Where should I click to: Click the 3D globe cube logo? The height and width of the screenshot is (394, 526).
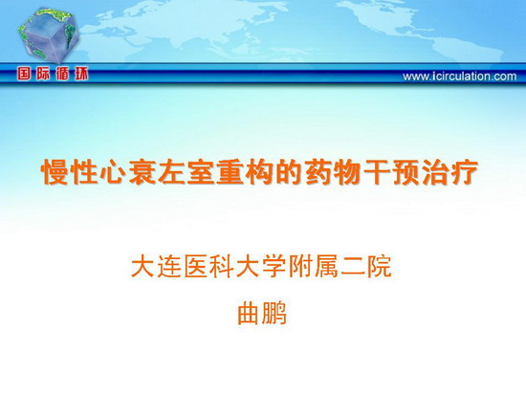[x=50, y=35]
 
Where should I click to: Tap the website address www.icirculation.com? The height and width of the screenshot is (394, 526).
[x=460, y=77]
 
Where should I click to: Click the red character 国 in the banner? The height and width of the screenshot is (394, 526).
[x=24, y=74]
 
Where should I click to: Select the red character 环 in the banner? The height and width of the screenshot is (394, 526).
[x=81, y=74]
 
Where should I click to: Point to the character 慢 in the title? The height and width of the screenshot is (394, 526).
[x=55, y=172]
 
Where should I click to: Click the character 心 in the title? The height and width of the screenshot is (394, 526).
[x=113, y=172]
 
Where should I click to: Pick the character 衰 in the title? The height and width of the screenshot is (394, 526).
[x=142, y=172]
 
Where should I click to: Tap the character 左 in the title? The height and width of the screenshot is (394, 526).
[x=171, y=172]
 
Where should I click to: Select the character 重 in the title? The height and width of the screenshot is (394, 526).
[x=230, y=172]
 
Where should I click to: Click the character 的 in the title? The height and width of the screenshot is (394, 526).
[x=289, y=172]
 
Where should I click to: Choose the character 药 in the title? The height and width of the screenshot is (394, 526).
[x=318, y=172]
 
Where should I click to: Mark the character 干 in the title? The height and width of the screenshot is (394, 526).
[x=377, y=172]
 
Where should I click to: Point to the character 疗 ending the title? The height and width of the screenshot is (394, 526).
[x=465, y=172]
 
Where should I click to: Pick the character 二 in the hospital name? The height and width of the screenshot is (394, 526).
[x=353, y=267]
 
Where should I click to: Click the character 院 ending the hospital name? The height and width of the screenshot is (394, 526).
[x=380, y=267]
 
